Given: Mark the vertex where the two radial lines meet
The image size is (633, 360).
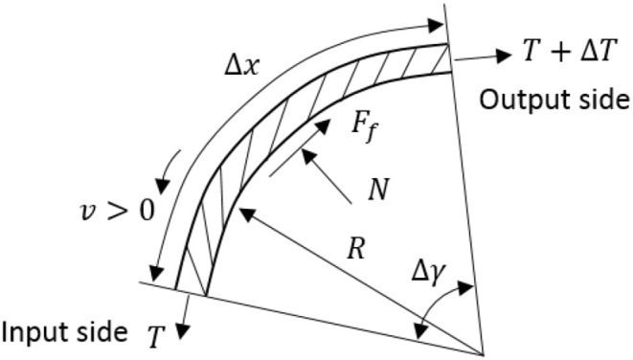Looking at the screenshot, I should pyautogui.click(x=483, y=350).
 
